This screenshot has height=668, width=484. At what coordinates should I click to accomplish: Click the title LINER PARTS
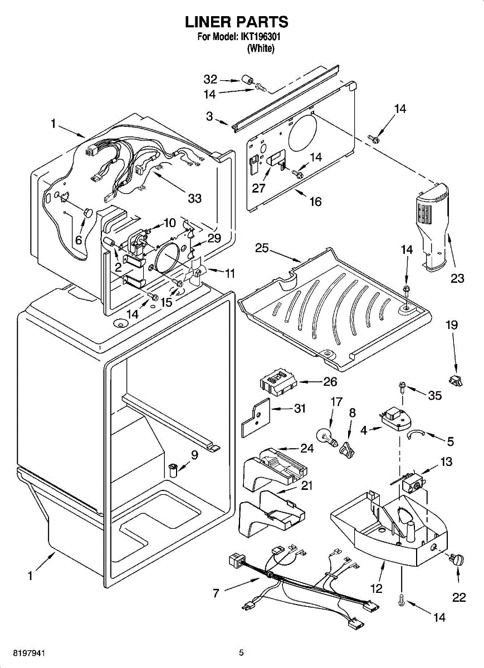tap(237, 22)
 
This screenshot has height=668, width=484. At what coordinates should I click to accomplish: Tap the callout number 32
tap(210, 80)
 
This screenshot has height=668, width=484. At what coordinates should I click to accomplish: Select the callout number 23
tap(457, 278)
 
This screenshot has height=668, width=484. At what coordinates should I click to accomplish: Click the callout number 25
tap(262, 248)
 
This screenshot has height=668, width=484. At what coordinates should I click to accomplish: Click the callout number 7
tap(216, 593)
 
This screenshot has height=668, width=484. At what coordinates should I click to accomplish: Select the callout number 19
tap(452, 325)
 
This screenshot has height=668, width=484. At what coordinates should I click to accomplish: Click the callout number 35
tap(434, 395)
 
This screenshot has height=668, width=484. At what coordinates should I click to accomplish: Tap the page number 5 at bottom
tap(241, 652)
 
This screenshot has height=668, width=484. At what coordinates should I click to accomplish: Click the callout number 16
tap(315, 202)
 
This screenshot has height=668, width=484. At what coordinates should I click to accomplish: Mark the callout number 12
tap(377, 588)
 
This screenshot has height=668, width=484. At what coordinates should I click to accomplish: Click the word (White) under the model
tap(261, 48)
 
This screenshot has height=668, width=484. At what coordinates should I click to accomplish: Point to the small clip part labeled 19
tap(457, 381)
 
